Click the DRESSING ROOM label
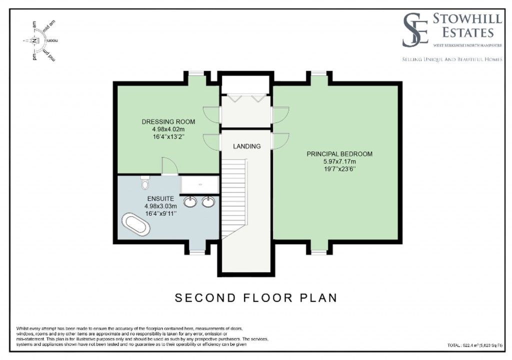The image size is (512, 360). (x=168, y=122)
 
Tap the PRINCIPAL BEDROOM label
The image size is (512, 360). (x=339, y=154)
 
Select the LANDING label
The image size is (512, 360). (x=246, y=146)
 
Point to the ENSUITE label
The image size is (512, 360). (x=160, y=198)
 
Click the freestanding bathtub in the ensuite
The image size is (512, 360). (x=135, y=224)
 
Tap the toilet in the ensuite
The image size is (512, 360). (x=145, y=183)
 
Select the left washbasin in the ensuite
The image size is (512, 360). (x=190, y=201)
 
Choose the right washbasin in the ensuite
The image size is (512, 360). (x=208, y=201)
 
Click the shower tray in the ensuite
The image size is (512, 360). (x=199, y=184)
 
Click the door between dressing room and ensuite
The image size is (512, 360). (x=168, y=166)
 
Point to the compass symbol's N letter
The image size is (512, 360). (x=34, y=41)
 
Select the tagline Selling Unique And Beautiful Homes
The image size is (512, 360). (x=452, y=59)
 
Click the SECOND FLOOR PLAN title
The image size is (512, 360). (x=255, y=298)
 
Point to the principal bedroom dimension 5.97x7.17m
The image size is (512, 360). (x=339, y=161)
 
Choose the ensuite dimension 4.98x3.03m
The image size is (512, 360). (x=160, y=206)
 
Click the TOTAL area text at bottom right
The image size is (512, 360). (x=474, y=345)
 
